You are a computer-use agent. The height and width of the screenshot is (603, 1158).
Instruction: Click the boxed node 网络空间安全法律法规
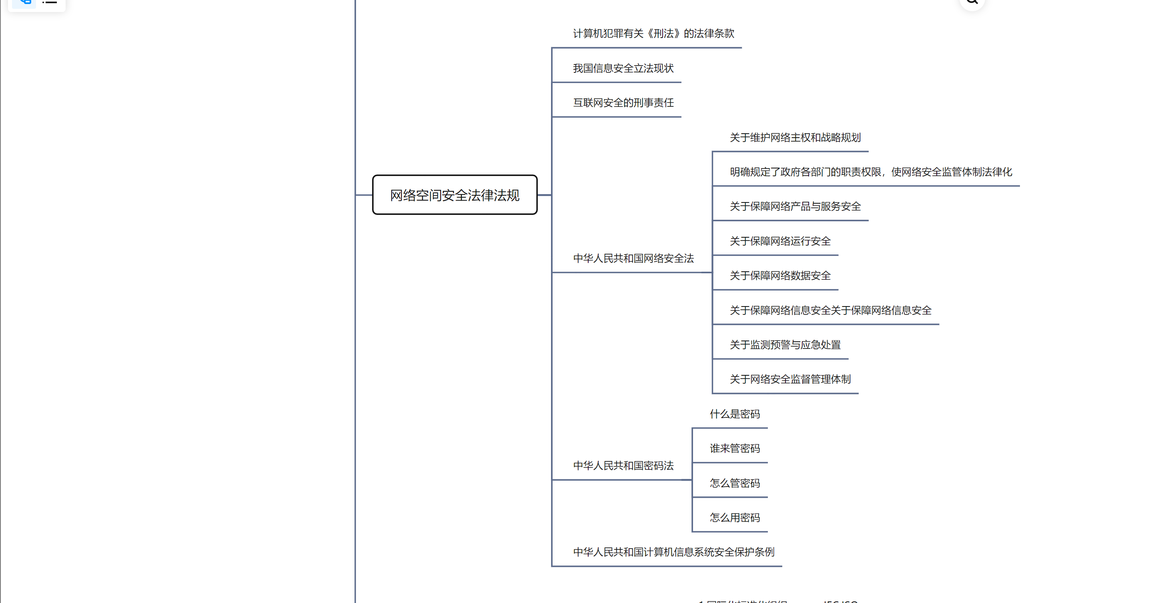(455, 195)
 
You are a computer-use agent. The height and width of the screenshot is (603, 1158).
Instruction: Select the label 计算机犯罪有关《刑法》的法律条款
(653, 34)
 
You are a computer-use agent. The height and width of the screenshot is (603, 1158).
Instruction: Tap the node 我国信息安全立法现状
(623, 68)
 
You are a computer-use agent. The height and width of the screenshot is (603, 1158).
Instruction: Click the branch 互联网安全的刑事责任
(623, 103)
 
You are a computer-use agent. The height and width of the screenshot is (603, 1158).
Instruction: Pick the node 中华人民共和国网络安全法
(633, 258)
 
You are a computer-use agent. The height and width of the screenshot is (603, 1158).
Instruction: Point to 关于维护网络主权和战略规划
(795, 138)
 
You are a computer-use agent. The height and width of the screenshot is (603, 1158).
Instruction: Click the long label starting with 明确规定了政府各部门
(871, 172)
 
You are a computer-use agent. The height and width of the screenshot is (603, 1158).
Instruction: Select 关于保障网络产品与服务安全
(795, 206)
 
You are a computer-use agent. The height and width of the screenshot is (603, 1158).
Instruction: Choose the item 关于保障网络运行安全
(780, 241)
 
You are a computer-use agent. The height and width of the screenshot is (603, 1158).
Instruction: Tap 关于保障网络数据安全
(780, 276)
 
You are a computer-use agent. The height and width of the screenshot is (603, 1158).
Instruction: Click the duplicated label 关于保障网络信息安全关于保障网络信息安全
(830, 310)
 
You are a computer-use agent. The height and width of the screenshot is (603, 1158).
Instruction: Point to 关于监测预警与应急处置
(785, 345)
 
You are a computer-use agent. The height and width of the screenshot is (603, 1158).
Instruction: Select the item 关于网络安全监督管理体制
(790, 379)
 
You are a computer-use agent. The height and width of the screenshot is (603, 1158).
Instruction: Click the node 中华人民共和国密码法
(623, 466)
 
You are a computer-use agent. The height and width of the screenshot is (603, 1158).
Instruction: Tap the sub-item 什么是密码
(735, 414)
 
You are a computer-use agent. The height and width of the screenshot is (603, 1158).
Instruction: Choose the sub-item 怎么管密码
(735, 483)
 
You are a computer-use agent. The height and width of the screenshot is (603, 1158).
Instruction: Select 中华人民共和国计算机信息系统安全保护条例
(673, 552)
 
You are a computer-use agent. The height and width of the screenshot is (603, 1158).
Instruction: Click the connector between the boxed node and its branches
(544, 195)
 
